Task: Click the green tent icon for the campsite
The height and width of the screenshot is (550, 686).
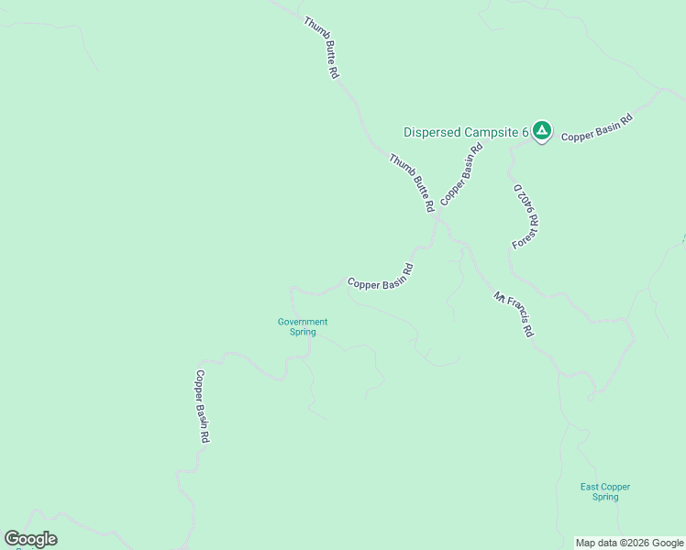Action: click(x=541, y=132)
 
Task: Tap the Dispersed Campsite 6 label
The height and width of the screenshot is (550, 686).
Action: click(x=466, y=132)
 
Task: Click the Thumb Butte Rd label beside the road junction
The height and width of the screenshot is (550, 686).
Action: click(x=410, y=183)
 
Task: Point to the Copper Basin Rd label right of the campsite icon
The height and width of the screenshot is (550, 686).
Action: click(x=597, y=127)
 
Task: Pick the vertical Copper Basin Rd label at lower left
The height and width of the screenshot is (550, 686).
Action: click(x=203, y=407)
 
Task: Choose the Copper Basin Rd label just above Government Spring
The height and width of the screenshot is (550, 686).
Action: click(x=381, y=278)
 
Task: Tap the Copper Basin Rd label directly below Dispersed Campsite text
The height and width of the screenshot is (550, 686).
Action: click(x=461, y=174)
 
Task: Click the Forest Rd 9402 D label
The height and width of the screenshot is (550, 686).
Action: click(x=525, y=216)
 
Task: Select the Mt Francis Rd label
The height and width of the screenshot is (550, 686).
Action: click(x=514, y=314)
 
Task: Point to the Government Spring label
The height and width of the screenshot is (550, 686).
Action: click(x=303, y=326)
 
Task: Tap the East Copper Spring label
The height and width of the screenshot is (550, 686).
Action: click(x=604, y=491)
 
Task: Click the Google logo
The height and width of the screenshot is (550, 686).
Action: click(x=30, y=539)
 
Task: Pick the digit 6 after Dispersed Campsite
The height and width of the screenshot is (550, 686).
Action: click(x=526, y=132)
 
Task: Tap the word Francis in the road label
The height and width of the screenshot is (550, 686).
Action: click(x=517, y=317)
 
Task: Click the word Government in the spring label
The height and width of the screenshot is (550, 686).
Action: click(x=303, y=322)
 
